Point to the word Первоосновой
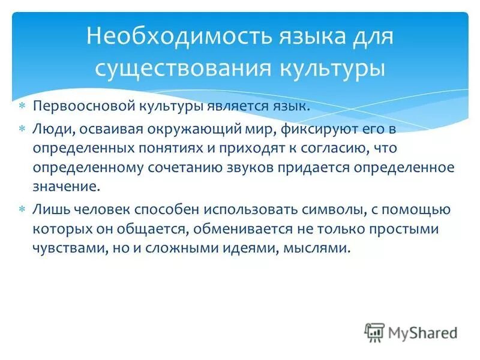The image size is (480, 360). pos(75,107)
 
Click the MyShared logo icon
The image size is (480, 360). pos(374,331)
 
